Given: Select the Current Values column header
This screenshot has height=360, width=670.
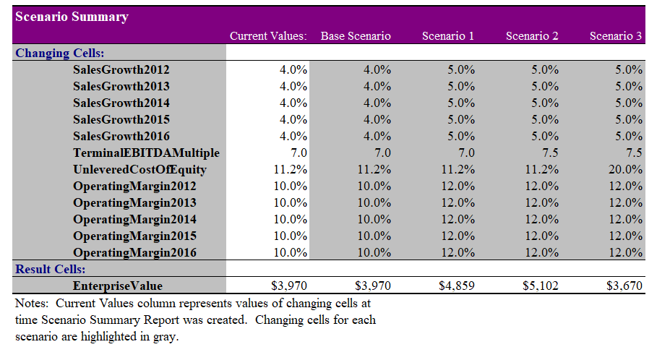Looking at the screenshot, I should pos(268,36).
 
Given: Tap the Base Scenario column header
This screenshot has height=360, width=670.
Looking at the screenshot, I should pos(356,36).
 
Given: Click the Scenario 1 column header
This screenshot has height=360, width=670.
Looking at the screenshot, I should pos(447,36).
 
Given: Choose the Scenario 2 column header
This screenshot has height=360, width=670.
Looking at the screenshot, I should pos(532,36).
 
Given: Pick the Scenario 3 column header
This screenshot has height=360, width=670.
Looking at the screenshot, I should pos(616,36).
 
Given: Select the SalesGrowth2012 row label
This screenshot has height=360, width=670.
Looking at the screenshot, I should pos(121,70).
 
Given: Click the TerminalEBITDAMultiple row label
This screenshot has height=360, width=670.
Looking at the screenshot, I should pos(146,153).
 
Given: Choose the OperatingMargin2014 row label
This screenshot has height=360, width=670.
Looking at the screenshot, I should pos(134,220).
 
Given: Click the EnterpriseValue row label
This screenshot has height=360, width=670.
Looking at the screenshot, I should pos(117,286).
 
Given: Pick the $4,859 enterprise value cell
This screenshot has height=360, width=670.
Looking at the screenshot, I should pos(456,286).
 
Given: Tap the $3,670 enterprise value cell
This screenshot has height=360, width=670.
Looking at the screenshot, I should pos(624,286).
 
